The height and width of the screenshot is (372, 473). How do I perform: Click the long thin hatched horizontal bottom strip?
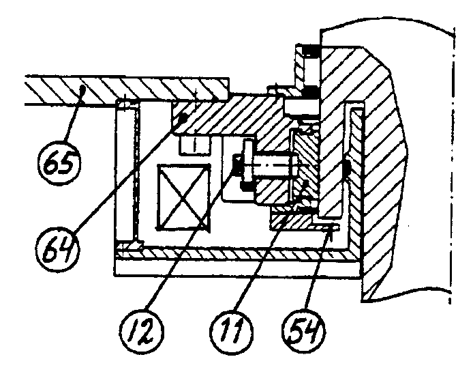235,255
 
